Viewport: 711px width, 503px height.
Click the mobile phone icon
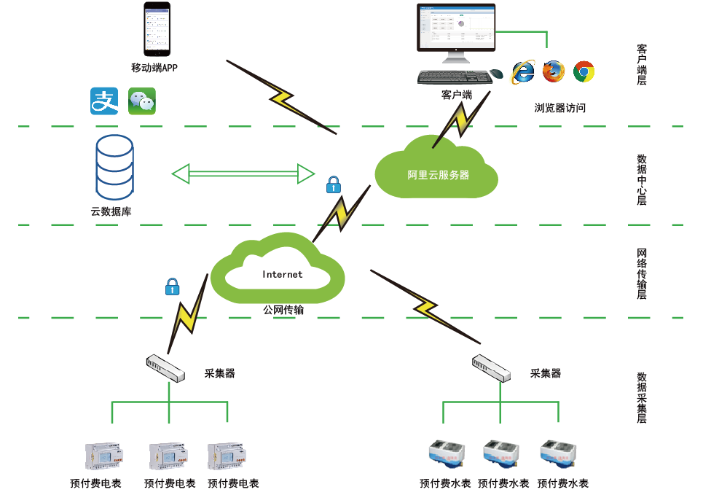pos(157,29)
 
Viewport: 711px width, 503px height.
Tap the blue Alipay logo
pos(104,101)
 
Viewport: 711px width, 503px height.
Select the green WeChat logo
pos(141,101)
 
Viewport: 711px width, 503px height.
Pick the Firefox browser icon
pos(553,71)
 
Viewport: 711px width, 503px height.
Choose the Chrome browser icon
pos(584,71)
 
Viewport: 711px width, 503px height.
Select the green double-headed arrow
pos(243,173)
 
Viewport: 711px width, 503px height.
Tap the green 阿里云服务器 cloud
pos(437,171)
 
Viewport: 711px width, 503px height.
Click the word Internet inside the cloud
pos(282,275)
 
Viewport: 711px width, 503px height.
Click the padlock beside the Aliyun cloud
pos(333,184)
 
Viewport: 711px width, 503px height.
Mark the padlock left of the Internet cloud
pos(172,286)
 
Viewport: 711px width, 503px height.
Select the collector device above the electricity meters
pos(166,367)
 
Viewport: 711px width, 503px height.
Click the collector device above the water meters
pos(491,367)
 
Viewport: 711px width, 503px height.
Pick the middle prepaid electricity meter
pos(168,456)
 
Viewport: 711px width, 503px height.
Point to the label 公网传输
pos(283,310)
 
